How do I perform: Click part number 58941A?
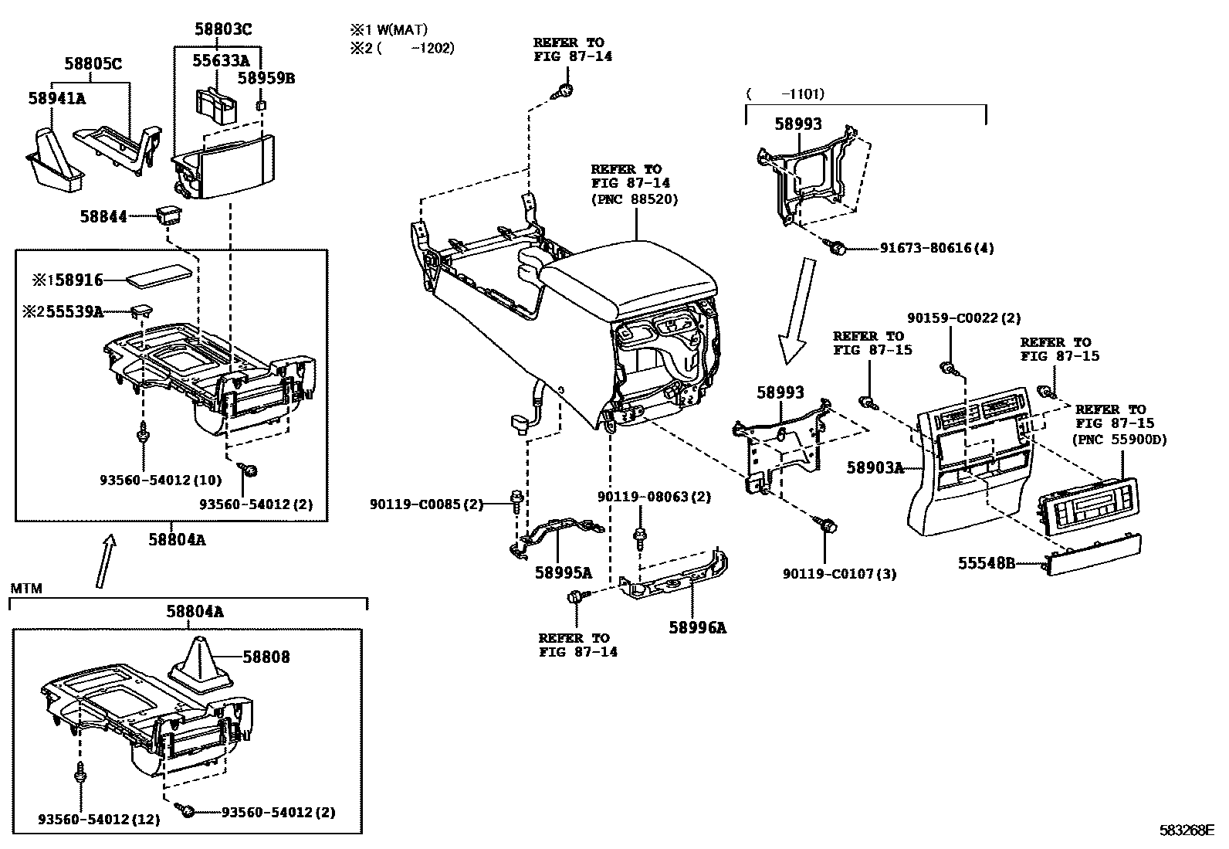[x=57, y=98]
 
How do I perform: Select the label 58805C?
[x=91, y=64]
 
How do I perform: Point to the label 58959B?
[x=266, y=79]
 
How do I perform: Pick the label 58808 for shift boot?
[x=266, y=657]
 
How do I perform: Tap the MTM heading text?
[x=26, y=589]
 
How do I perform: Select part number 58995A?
[x=563, y=572]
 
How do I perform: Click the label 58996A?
[x=697, y=627]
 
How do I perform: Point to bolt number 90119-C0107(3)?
[x=839, y=574]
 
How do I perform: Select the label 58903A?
[x=874, y=467]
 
